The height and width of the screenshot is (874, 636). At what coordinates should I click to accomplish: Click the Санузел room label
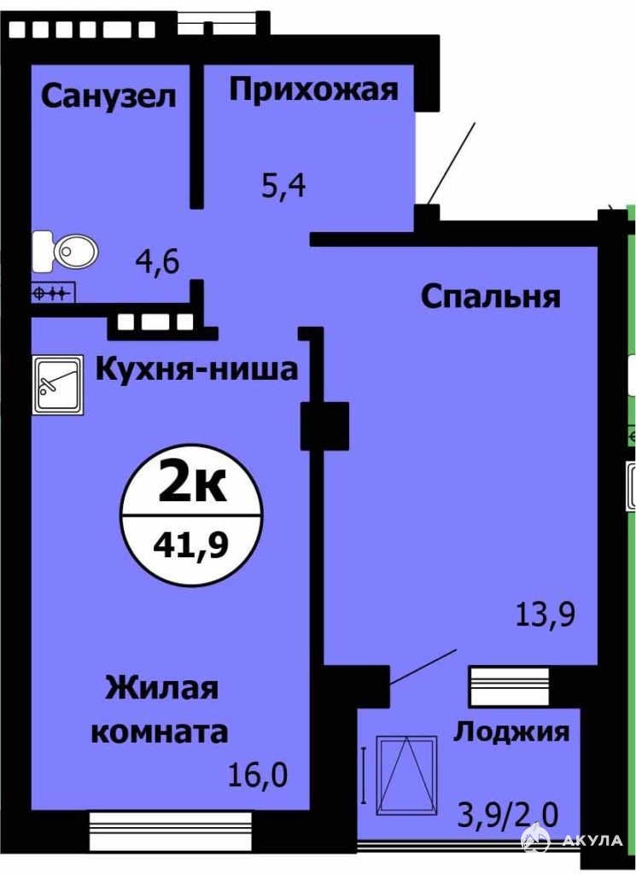click(x=108, y=96)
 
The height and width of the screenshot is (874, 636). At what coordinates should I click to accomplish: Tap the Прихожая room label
click(x=314, y=90)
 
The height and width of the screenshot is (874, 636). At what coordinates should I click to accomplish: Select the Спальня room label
click(x=491, y=297)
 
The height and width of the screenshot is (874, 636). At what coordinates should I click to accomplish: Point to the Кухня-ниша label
click(x=197, y=370)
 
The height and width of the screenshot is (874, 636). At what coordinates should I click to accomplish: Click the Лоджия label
click(x=511, y=731)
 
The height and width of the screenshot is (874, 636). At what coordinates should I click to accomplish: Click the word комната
click(x=160, y=731)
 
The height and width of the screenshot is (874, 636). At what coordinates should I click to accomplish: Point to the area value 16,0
click(x=258, y=775)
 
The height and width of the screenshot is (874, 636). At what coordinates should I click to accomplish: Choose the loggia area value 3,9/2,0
click(x=507, y=818)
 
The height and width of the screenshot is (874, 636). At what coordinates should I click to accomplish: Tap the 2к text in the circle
click(x=192, y=484)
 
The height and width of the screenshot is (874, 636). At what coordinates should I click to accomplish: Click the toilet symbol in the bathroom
click(x=65, y=252)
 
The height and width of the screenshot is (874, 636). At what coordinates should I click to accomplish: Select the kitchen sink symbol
click(x=57, y=385)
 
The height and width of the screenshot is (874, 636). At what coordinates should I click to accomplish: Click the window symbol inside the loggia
click(x=406, y=775)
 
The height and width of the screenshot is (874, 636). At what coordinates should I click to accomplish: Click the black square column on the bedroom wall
click(x=324, y=426)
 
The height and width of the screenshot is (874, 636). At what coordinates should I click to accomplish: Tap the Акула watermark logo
click(x=571, y=840)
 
